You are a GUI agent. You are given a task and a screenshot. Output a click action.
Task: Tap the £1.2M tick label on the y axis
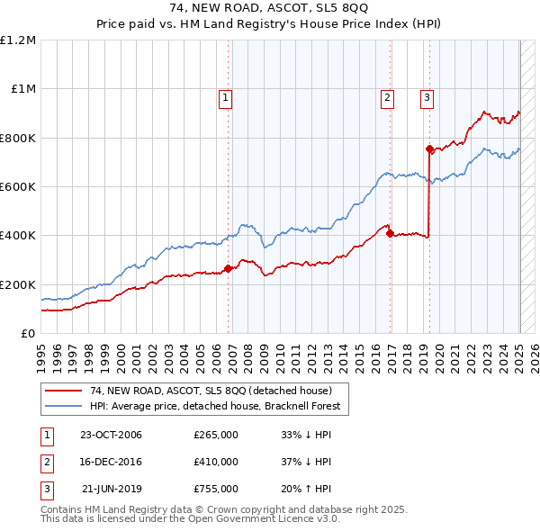click(x=18, y=40)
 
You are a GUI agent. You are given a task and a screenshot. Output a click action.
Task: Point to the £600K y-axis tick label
click(x=17, y=187)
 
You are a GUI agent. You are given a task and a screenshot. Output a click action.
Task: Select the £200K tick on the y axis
click(x=17, y=284)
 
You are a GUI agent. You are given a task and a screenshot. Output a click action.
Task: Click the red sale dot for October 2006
click(x=229, y=268)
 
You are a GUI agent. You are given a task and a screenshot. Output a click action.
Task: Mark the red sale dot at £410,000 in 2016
click(x=390, y=233)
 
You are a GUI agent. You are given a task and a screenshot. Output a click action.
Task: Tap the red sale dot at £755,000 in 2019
click(x=429, y=148)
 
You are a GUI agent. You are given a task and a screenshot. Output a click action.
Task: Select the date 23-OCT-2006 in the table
click(x=111, y=435)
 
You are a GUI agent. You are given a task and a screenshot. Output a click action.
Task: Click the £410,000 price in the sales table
click(x=215, y=462)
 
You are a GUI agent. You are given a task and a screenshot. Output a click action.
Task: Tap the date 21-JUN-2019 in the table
click(x=112, y=489)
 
